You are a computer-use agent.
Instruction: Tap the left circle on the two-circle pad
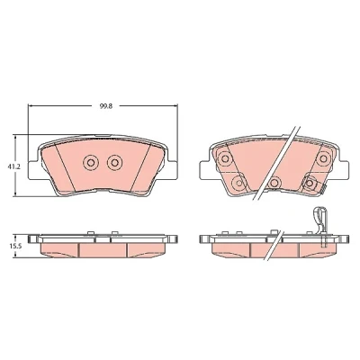90,163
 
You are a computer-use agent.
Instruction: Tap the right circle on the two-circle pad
114,163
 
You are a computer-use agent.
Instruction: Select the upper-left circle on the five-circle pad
224,157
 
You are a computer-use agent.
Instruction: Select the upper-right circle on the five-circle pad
323,158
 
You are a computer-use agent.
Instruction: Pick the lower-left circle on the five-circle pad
238,182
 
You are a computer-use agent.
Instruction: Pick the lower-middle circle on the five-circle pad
274,182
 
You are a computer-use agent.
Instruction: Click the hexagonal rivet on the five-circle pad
310,182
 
